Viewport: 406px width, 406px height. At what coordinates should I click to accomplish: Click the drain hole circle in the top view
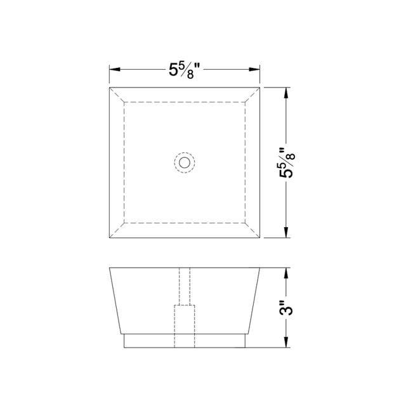pos(185,162)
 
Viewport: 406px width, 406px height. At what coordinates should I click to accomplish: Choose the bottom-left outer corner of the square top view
pos(110,238)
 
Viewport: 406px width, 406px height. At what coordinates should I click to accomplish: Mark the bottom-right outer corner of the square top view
pos(261,238)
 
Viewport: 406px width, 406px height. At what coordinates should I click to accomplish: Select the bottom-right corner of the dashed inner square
pos(246,223)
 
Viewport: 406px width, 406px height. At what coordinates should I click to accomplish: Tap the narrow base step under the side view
pos(185,341)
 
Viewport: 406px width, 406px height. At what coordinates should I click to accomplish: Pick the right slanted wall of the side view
pos(254,301)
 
